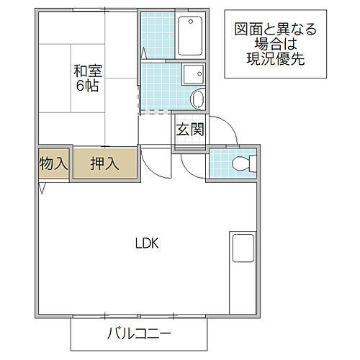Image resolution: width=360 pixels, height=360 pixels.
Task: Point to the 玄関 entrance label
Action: click(x=189, y=130)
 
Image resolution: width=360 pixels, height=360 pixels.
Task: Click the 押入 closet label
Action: click(x=104, y=163)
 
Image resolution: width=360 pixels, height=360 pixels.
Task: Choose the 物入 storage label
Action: click(x=53, y=163)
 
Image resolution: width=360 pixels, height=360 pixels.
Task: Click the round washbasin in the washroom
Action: click(x=197, y=98)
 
